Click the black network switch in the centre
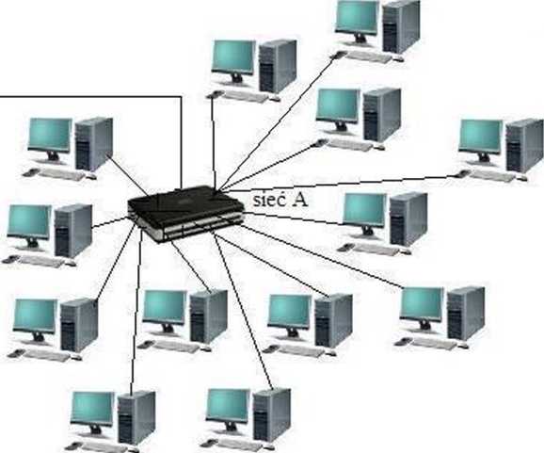click(185, 214)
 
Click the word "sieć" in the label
click(269, 200)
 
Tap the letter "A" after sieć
click(299, 200)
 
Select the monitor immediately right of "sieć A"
click(364, 213)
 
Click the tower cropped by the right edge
click(524, 145)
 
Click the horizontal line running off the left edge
click(90, 96)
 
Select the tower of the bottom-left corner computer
click(136, 417)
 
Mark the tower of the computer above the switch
click(278, 66)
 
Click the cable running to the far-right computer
click(340, 184)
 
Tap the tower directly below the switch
click(208, 315)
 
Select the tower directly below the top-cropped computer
click(381, 115)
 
